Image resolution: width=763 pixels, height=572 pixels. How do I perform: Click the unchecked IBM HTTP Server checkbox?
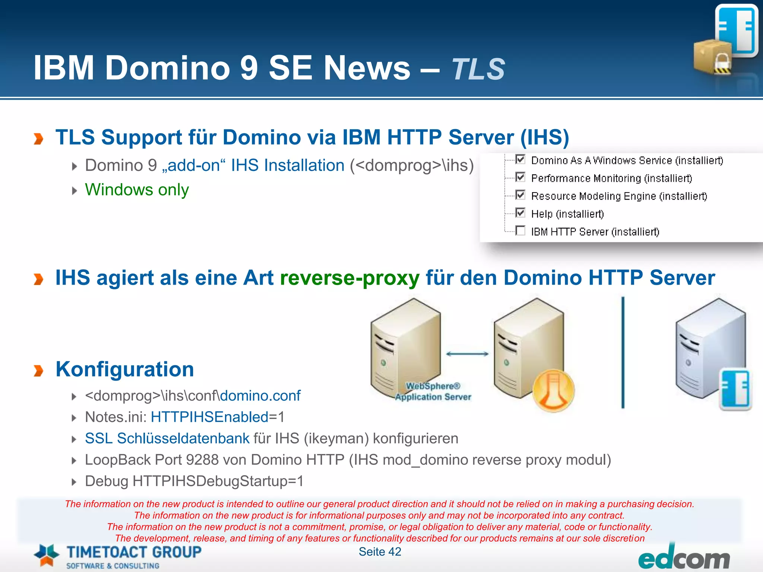520,231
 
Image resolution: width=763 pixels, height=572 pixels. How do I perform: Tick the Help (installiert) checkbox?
520,213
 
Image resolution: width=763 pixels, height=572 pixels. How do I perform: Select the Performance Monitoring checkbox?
520,177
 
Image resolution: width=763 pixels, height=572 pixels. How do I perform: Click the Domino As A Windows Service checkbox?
520,160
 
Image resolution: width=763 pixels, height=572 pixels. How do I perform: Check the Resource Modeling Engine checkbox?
520,195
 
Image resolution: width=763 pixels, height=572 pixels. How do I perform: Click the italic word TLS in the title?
478,69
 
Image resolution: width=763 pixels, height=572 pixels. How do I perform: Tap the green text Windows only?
137,190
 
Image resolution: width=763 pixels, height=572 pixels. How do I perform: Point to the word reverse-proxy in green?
349,278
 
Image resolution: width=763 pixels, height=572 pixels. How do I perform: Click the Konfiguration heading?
125,369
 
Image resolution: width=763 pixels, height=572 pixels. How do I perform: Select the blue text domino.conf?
260,396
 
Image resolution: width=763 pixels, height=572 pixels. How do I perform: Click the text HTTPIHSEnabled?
209,417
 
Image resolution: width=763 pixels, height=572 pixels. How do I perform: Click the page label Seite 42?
380,552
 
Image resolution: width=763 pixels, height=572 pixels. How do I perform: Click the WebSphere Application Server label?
433,392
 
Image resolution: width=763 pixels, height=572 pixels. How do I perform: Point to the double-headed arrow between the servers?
467,354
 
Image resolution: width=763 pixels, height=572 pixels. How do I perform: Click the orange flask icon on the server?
553,391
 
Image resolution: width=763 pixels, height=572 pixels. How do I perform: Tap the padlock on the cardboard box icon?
722,63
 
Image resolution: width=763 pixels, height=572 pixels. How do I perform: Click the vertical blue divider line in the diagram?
623,352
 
